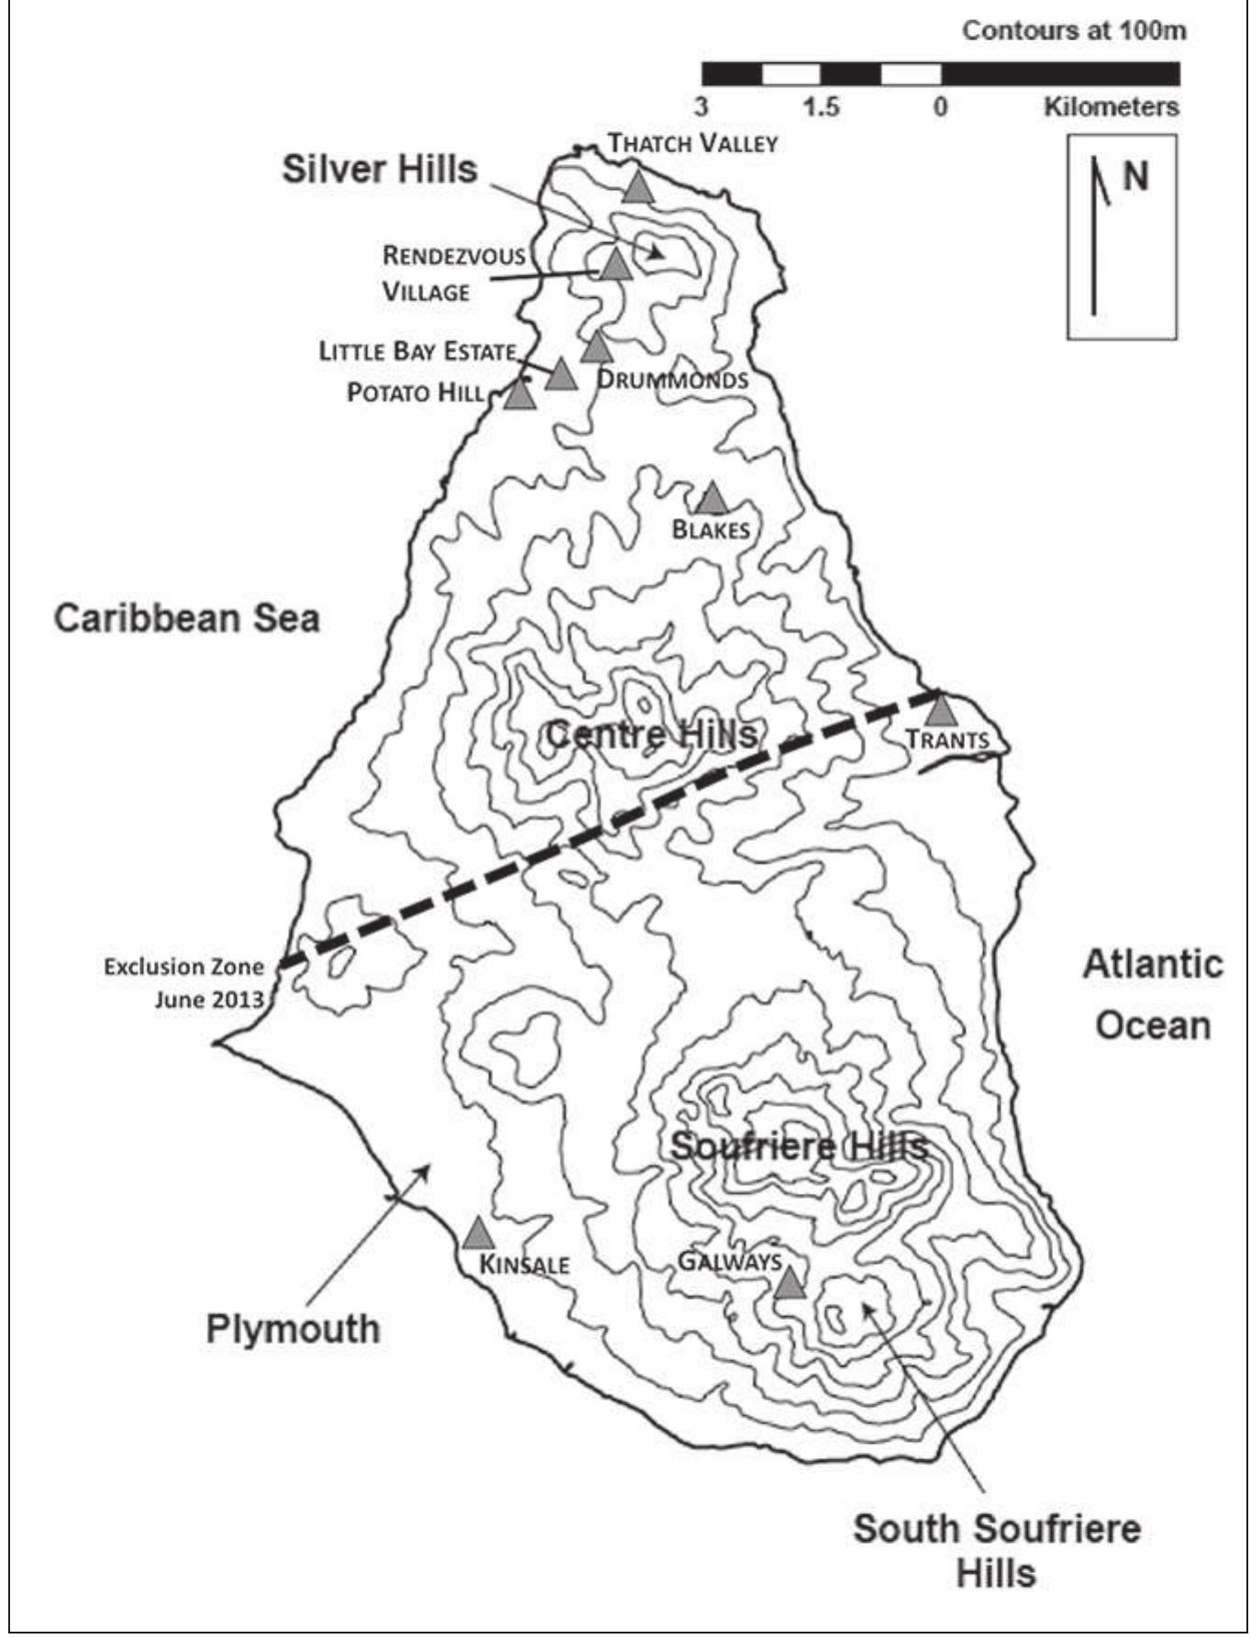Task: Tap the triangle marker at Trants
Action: [940, 710]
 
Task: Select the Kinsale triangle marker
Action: [477, 1235]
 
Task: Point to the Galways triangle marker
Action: [789, 1284]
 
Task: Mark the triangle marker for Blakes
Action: [712, 500]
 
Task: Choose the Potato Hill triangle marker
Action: [519, 395]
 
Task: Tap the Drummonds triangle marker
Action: [596, 348]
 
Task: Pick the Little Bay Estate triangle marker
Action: [561, 375]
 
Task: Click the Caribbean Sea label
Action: [187, 618]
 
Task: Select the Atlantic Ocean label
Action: [1153, 994]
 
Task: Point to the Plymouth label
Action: [293, 1328]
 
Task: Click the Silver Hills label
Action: [380, 170]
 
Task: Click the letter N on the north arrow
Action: [1135, 175]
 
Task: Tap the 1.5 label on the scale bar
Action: [821, 106]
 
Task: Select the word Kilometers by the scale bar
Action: [1111, 106]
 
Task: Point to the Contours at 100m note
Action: [1073, 30]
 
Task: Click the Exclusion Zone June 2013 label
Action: [183, 982]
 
